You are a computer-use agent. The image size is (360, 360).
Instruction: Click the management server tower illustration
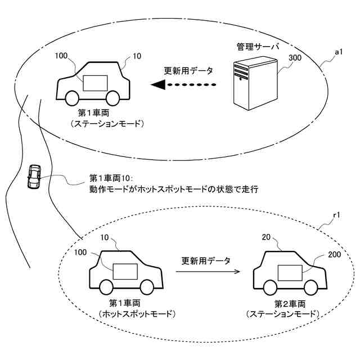[255, 83]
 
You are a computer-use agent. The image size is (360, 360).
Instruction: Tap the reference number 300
[295, 57]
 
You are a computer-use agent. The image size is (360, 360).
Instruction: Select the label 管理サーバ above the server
[258, 47]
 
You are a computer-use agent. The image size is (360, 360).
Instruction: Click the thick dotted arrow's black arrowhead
[158, 84]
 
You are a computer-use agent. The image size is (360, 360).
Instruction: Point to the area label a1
[339, 52]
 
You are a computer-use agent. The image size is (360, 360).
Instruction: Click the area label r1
[336, 215]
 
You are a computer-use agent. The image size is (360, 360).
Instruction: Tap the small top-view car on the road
[34, 177]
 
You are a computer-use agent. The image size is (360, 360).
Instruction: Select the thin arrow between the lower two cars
[208, 272]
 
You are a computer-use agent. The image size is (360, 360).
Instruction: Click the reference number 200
[334, 254]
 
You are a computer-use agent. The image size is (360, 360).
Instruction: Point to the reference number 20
[266, 237]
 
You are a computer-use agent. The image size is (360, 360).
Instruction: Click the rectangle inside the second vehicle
[290, 273]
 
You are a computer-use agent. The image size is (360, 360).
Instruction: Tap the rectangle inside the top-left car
[95, 83]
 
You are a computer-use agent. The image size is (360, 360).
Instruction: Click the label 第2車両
[290, 304]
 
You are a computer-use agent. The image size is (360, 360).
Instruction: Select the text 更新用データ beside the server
[188, 71]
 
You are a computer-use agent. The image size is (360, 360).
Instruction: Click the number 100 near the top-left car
[61, 56]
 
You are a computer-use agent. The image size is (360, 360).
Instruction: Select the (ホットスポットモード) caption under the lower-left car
[137, 314]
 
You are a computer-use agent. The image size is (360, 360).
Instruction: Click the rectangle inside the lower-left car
[125, 272]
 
